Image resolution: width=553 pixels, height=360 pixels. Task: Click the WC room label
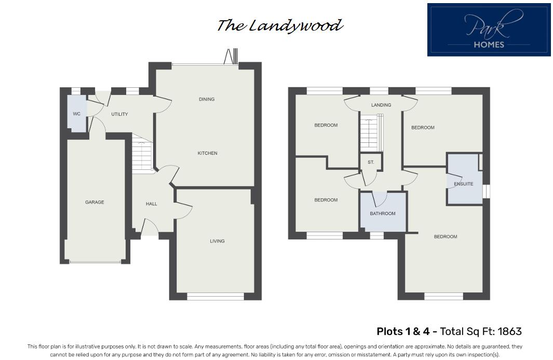(76, 114)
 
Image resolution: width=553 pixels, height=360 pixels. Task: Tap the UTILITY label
(119, 114)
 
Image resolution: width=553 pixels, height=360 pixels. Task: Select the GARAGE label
(95, 202)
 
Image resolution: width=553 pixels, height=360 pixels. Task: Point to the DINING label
(206, 99)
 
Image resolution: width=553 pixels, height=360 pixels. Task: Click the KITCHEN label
(207, 153)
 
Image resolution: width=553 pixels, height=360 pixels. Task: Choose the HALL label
(151, 204)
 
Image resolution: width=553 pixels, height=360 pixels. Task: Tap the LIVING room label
(217, 241)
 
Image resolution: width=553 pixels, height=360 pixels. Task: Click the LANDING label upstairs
(381, 105)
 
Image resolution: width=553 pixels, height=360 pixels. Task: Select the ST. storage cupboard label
(371, 163)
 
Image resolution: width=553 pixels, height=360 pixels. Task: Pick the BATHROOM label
(383, 214)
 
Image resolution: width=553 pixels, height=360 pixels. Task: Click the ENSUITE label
(463, 184)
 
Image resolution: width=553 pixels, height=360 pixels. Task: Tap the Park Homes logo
(489, 30)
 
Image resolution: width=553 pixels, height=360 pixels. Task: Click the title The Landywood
(279, 25)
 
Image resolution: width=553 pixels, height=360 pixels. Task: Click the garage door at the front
(95, 262)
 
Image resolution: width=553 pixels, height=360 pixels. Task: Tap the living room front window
(215, 297)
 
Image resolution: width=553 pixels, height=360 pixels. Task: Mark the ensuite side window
(487, 191)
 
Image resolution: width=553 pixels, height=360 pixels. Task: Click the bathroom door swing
(380, 198)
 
